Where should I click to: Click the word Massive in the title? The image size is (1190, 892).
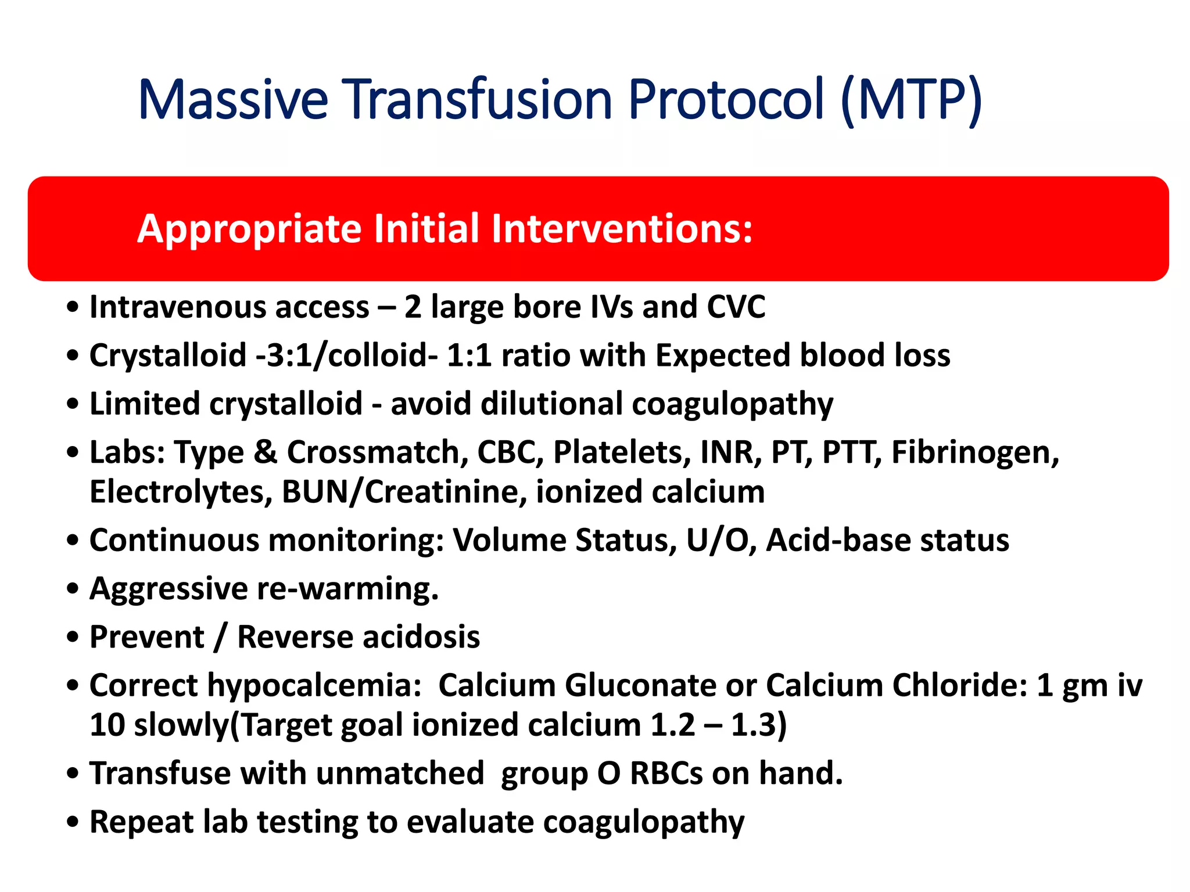[x=233, y=99]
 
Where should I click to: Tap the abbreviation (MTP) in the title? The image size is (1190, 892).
[x=911, y=99]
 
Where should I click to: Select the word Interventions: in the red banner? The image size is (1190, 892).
[x=622, y=228]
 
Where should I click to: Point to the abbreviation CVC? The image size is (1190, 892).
[x=736, y=307]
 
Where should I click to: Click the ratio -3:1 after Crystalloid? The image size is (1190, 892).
[x=284, y=355]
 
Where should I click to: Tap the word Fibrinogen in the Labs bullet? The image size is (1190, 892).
[x=974, y=452]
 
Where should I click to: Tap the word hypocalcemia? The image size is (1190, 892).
[x=314, y=686]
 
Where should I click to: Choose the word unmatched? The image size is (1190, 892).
[x=400, y=774]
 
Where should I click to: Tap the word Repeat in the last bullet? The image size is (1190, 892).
[x=142, y=822]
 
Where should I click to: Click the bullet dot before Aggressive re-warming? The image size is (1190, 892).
[x=73, y=589]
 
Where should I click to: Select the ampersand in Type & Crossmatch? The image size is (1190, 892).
[x=266, y=452]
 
